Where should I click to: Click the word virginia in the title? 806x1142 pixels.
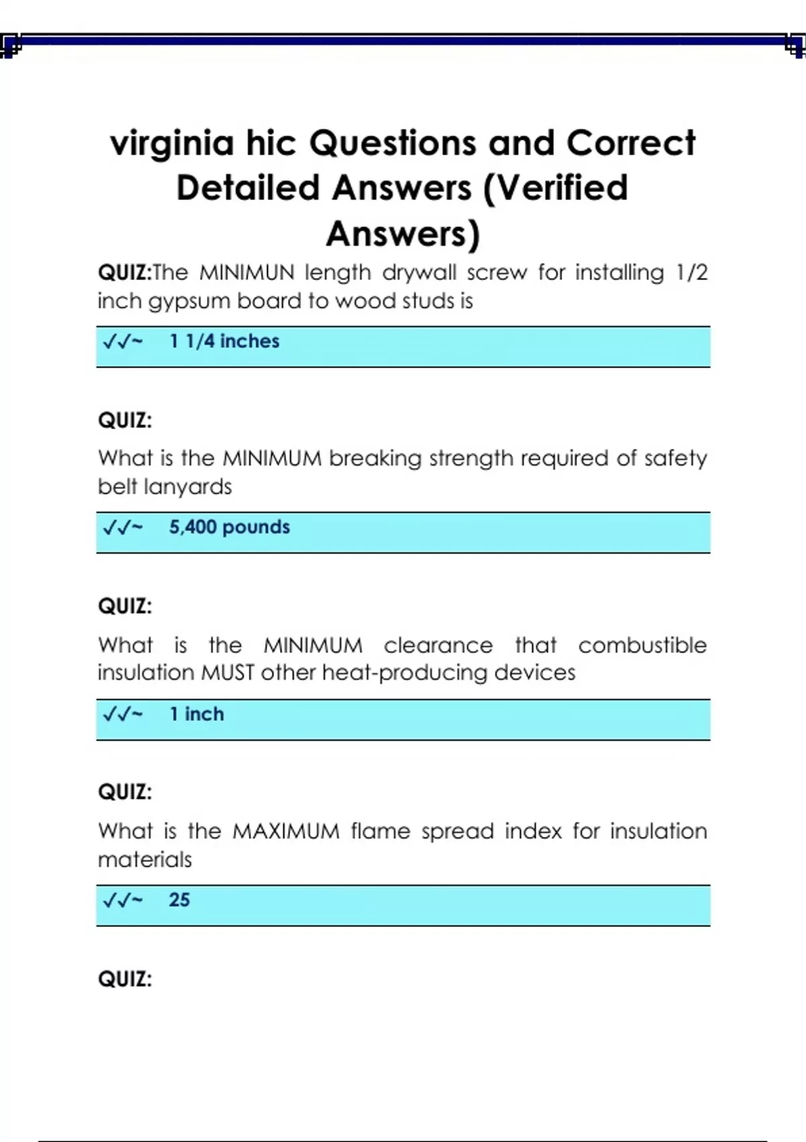(x=172, y=144)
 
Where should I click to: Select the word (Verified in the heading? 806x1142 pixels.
(x=555, y=188)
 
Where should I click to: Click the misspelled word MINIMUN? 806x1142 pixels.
(x=247, y=273)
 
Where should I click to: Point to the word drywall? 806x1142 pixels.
(x=419, y=273)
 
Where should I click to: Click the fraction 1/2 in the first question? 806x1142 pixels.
(x=691, y=273)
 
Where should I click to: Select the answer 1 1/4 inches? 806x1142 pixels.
(x=224, y=341)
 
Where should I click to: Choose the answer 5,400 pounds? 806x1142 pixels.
(x=229, y=527)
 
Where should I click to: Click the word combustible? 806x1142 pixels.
(x=642, y=646)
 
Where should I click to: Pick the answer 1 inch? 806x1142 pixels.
(x=196, y=714)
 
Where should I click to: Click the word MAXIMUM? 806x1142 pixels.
(x=286, y=832)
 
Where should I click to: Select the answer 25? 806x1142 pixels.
(x=179, y=900)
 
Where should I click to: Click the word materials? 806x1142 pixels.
(x=145, y=860)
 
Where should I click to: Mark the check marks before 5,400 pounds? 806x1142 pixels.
(x=122, y=528)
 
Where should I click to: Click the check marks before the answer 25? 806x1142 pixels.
(x=122, y=901)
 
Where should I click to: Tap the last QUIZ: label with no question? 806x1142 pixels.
(x=125, y=979)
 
